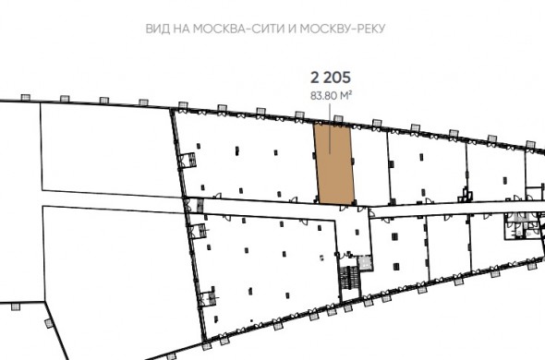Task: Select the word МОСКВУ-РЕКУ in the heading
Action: click(343, 29)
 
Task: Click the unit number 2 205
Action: click(331, 78)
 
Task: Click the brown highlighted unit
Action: click(334, 163)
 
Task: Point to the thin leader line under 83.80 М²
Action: click(330, 128)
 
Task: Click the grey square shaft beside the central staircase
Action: click(365, 262)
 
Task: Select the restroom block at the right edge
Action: click(521, 225)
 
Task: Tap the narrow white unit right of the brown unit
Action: click(370, 167)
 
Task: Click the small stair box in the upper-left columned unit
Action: click(191, 161)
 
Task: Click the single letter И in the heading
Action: click(292, 29)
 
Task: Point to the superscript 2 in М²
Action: click(350, 93)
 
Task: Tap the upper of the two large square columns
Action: click(394, 236)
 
